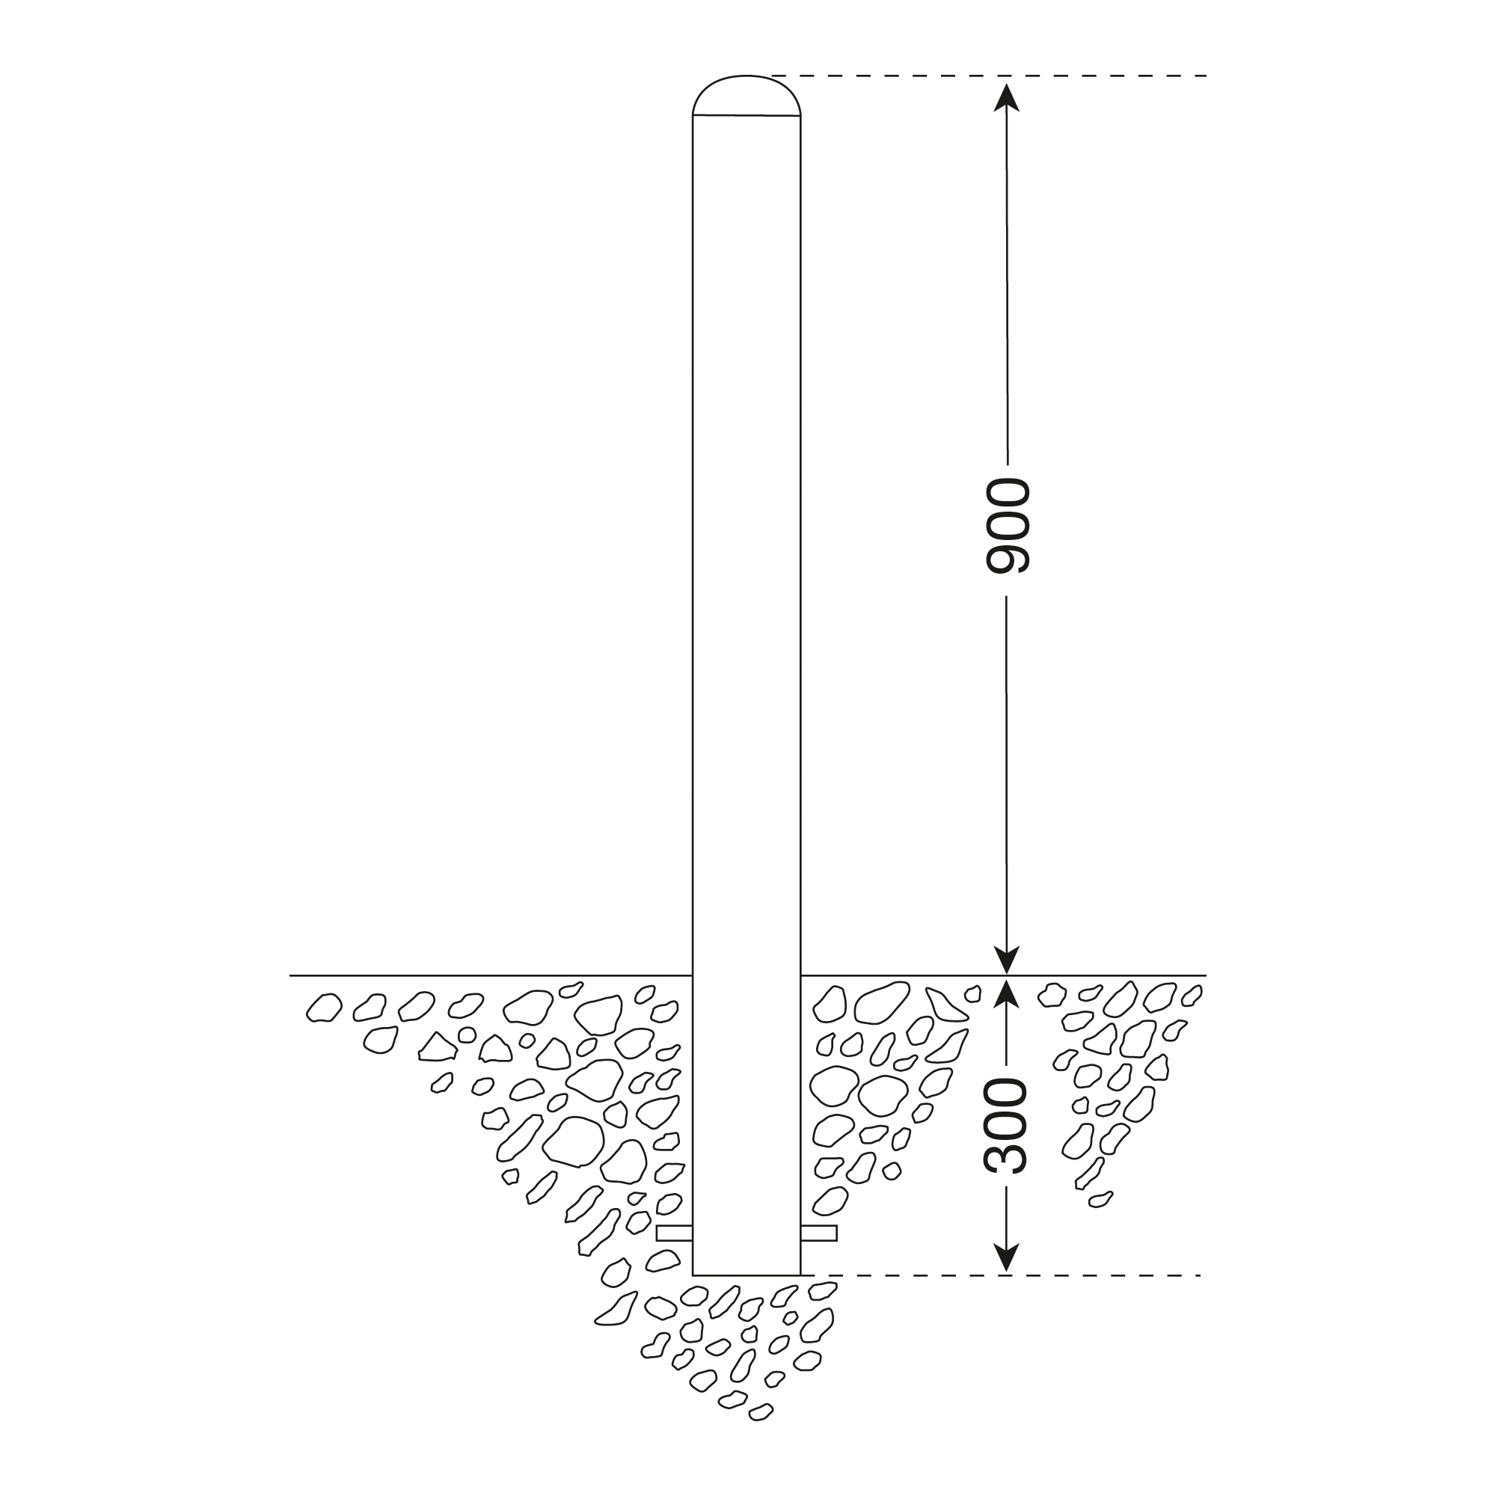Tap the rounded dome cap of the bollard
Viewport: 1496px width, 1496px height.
[x=747, y=95]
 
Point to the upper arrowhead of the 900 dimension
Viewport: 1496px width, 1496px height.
[x=1007, y=96]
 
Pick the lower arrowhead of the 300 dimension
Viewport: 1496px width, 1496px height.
[x=1007, y=1259]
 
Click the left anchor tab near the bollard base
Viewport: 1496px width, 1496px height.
[x=674, y=1233]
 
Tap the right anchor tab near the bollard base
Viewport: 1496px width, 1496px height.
[x=819, y=1233]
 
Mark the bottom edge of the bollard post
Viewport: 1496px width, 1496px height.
[x=747, y=1275]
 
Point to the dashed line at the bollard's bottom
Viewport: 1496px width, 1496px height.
[x=1007, y=1275]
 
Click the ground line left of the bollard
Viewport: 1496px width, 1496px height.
[x=488, y=975]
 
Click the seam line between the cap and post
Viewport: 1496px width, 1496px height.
[x=747, y=115]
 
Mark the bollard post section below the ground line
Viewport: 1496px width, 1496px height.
[x=747, y=1123]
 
